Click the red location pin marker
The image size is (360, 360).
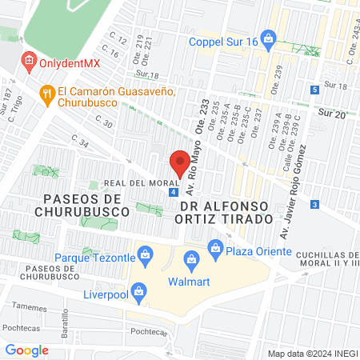click(179, 162)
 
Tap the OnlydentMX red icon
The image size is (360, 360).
click(29, 60)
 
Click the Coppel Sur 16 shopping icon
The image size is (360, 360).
click(269, 38)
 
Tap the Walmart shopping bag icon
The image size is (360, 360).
click(191, 258)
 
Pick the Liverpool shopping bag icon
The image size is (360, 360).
click(138, 292)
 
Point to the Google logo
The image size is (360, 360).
click(27, 350)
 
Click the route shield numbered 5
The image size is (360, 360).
click(315, 90)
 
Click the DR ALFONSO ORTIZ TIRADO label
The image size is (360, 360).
click(226, 212)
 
